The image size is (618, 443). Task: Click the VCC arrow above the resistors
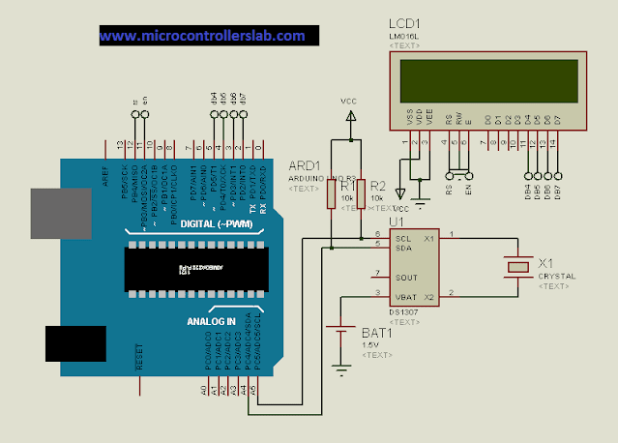pos(348,115)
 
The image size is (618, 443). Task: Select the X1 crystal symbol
pos(520,265)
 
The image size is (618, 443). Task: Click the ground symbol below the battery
pos(340,367)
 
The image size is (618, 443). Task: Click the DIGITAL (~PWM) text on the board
pos(218,224)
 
